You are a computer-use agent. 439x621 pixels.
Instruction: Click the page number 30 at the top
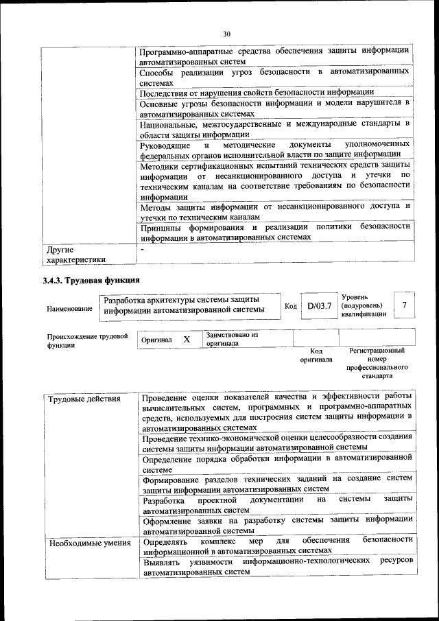[227, 34]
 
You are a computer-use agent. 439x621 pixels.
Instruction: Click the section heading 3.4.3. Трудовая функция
[91, 281]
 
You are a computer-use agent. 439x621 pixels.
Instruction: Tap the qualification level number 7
[405, 305]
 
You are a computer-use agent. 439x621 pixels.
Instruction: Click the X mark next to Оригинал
[186, 339]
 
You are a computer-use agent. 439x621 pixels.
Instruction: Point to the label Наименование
[69, 309]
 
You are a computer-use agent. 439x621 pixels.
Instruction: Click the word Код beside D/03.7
[290, 306]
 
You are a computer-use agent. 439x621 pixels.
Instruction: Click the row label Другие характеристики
[75, 255]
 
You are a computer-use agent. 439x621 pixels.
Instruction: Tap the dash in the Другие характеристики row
[142, 249]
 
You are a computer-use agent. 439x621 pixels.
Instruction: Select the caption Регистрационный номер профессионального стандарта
[377, 363]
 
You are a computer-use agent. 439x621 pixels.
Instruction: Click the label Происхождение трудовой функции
[87, 341]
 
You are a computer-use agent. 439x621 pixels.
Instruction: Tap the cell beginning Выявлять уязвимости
[276, 565]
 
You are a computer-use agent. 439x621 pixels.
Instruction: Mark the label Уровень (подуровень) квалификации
[363, 305]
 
